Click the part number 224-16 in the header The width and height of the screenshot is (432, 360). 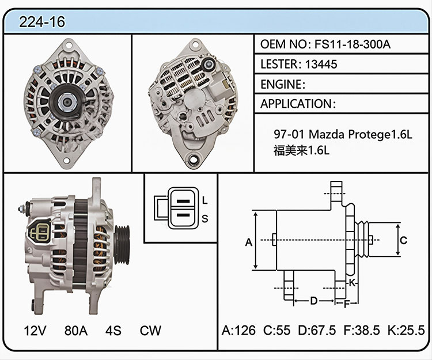point(42,22)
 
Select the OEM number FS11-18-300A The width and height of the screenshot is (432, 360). point(353,44)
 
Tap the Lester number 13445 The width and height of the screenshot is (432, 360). point(321,64)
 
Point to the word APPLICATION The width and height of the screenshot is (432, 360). point(296,104)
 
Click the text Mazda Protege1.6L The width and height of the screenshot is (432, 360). point(361,134)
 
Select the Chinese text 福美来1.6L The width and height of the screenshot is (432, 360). point(301,150)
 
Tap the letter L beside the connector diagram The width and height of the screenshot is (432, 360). point(204,200)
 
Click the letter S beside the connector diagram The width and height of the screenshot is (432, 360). point(204,219)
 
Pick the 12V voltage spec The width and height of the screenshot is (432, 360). point(35,330)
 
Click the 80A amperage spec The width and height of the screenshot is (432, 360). point(76,330)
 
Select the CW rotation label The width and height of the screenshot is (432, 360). point(150,330)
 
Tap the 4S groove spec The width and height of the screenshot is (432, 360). point(113,330)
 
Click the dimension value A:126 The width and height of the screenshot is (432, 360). point(238,330)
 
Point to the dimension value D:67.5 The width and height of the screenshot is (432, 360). point(317,330)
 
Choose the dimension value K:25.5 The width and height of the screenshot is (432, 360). point(406,330)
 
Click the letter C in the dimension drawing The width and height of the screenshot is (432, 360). point(403,240)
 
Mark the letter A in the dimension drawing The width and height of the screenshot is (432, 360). point(249,242)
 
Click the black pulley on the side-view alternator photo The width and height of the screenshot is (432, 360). point(122,245)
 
